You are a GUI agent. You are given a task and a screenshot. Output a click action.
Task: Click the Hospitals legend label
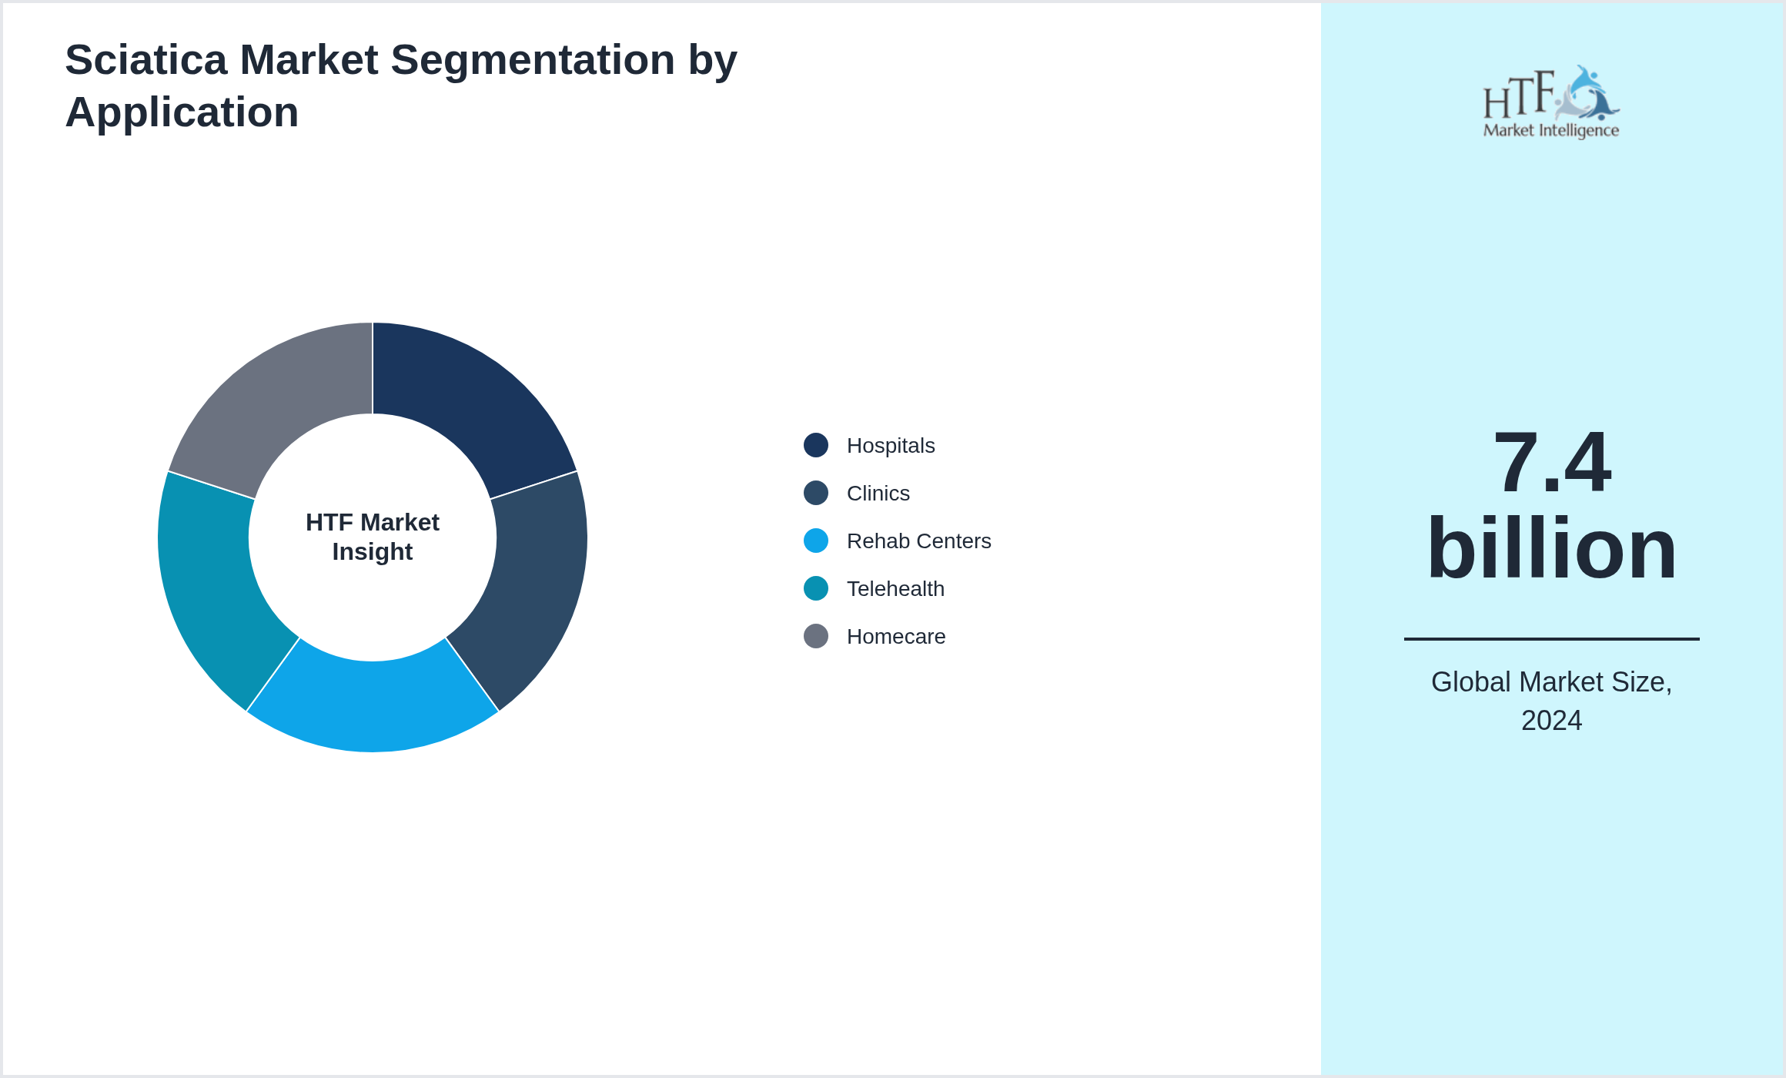pos(891,446)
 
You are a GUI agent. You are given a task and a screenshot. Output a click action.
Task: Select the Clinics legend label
pos(878,494)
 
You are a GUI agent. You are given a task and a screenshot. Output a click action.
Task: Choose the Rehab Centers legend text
pos(918,541)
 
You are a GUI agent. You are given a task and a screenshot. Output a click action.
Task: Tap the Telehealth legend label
pos(895,589)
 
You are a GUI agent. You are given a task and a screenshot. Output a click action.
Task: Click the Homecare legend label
pos(896,637)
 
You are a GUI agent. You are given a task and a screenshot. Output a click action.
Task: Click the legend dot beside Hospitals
pos(816,445)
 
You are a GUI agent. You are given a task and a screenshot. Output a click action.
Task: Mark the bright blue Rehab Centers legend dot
pos(816,541)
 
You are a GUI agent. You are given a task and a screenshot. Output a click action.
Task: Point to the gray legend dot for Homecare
pos(816,636)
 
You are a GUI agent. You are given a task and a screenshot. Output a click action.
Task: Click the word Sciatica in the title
pos(146,60)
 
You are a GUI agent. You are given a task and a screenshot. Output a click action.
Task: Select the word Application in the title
pos(182,112)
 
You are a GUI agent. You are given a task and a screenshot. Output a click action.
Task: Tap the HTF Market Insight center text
pos(373,537)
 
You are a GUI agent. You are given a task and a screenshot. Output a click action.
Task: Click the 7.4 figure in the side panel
pos(1551,462)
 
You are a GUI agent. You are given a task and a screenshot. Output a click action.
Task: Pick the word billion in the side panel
pos(1551,548)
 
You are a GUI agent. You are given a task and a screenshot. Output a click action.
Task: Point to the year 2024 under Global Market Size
pos(1551,721)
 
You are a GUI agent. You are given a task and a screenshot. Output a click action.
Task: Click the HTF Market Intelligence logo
pos(1551,102)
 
